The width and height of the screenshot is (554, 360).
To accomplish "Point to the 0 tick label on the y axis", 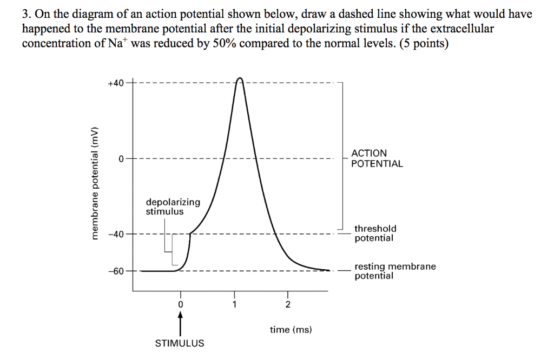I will [122, 158].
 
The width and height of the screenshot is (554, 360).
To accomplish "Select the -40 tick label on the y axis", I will [115, 234].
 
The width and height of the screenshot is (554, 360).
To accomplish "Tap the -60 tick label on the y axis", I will [115, 270].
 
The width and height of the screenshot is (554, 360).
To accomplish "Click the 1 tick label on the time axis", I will [234, 304].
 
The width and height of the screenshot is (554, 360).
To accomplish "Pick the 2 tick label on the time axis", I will [288, 304].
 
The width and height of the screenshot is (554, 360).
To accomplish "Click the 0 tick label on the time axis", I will [181, 304].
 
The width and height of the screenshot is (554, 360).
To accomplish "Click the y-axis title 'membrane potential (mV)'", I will [96, 182].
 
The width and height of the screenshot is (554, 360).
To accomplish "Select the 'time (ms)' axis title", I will [291, 329].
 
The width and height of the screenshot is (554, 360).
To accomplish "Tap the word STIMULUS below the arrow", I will [180, 343].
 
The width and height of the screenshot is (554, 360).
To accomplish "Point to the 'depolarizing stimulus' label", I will [173, 206].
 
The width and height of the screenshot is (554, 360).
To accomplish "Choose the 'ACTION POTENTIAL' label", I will [377, 158].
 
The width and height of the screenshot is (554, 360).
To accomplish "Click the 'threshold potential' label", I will [375, 233].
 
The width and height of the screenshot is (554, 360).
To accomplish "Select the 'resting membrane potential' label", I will [395, 271].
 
